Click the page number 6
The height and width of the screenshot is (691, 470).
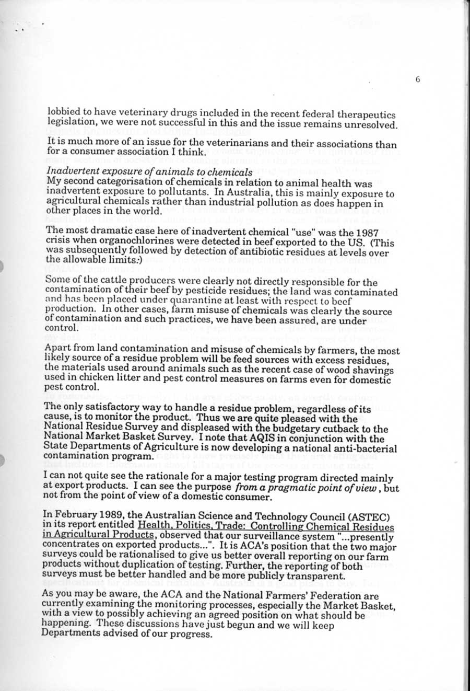[x=418, y=79]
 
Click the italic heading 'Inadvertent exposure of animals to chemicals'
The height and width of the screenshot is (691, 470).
[x=150, y=172]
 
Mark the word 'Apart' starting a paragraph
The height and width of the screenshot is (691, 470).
[x=57, y=351]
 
